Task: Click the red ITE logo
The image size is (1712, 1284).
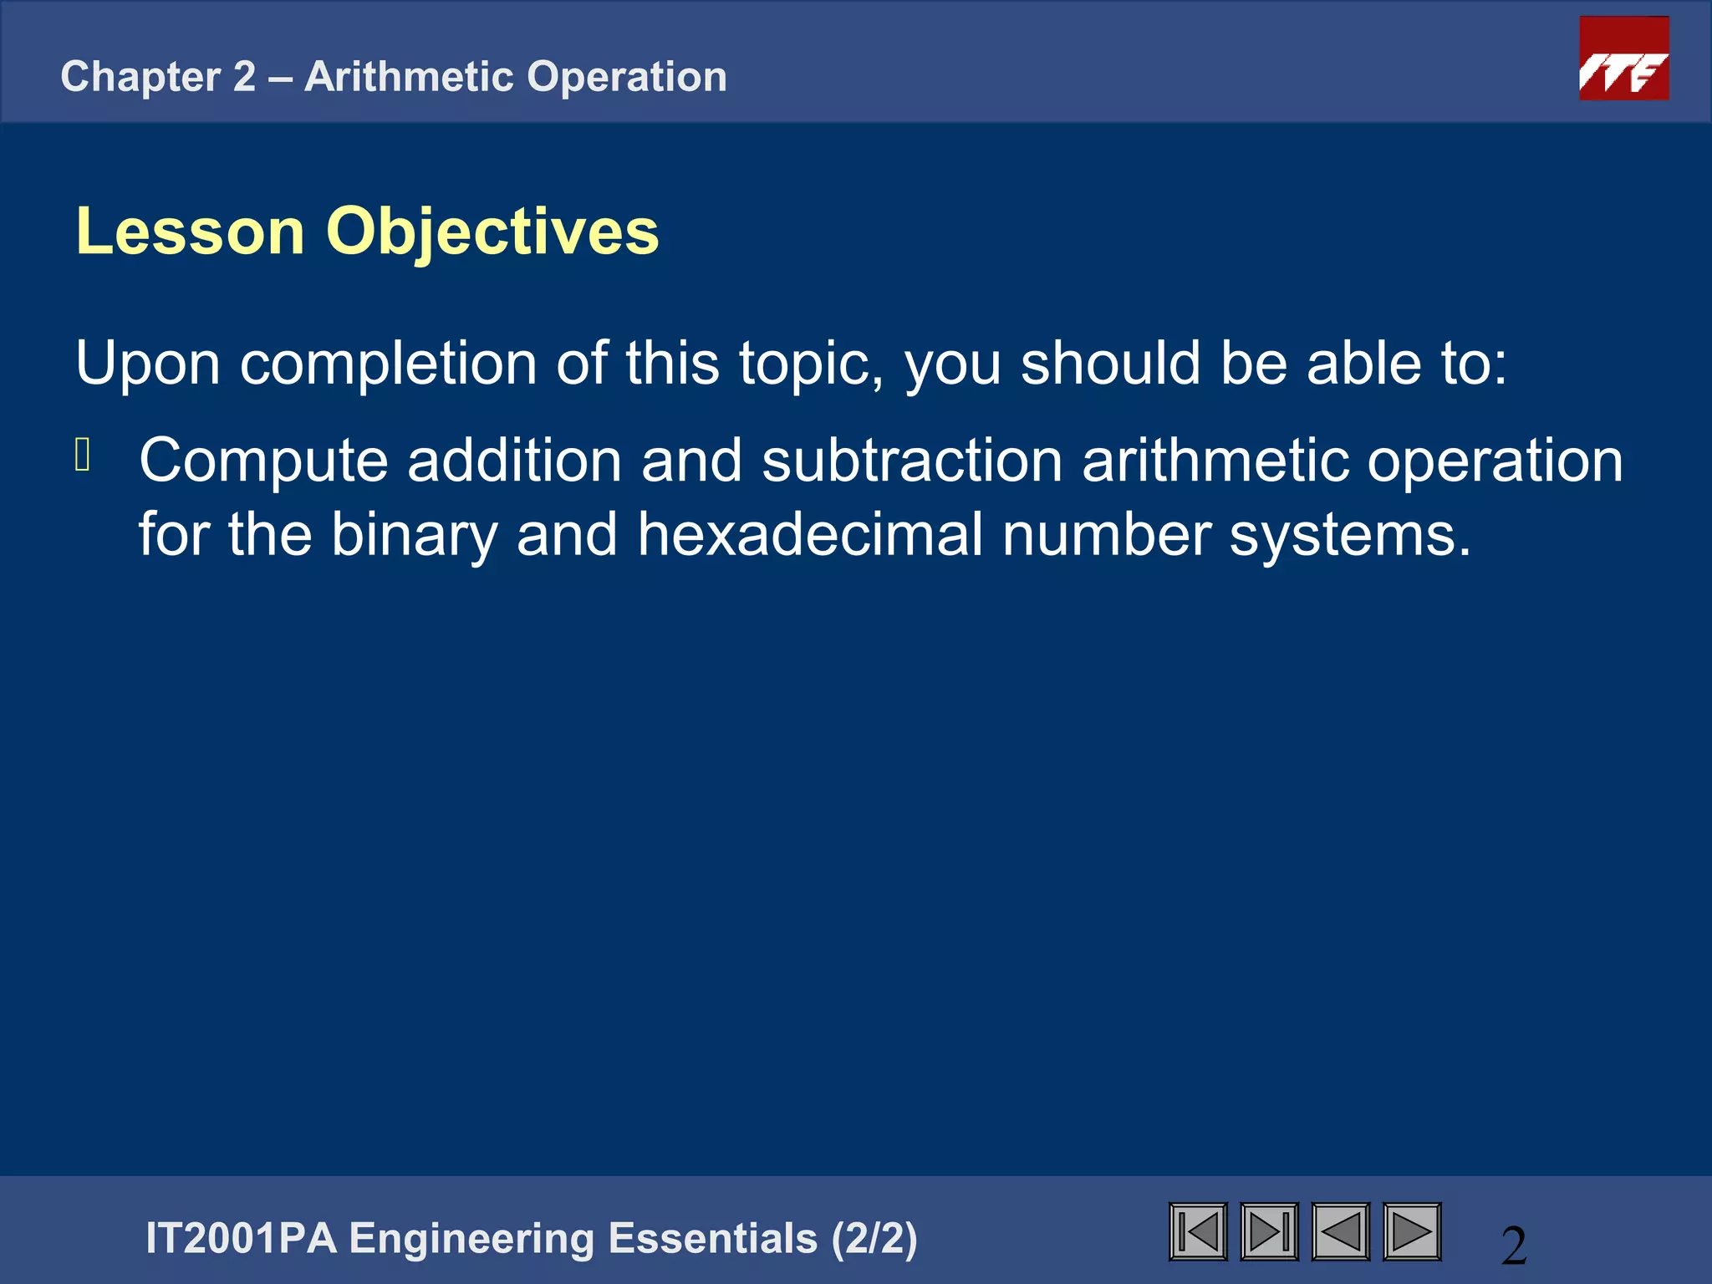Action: click(x=1623, y=59)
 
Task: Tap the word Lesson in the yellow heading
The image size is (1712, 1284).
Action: click(x=190, y=232)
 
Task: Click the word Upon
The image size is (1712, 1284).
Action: click(x=147, y=364)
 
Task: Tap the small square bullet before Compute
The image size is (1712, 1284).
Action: click(x=82, y=456)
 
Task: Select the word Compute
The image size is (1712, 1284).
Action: click(x=263, y=461)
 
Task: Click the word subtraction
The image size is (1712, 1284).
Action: click(x=912, y=461)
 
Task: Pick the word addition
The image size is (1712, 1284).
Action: click(x=514, y=461)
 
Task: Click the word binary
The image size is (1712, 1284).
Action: click(x=414, y=535)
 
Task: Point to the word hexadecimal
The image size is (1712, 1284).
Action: click(x=810, y=535)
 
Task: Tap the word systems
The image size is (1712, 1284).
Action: click(x=1349, y=535)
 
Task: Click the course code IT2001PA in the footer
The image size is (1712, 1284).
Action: click(x=241, y=1239)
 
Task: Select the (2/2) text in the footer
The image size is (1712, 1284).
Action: click(x=874, y=1239)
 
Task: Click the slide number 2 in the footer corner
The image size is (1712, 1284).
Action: click(x=1514, y=1246)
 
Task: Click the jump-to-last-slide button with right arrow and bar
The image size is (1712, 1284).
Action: click(x=1269, y=1231)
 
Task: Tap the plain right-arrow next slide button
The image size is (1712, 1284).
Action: click(x=1412, y=1231)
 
